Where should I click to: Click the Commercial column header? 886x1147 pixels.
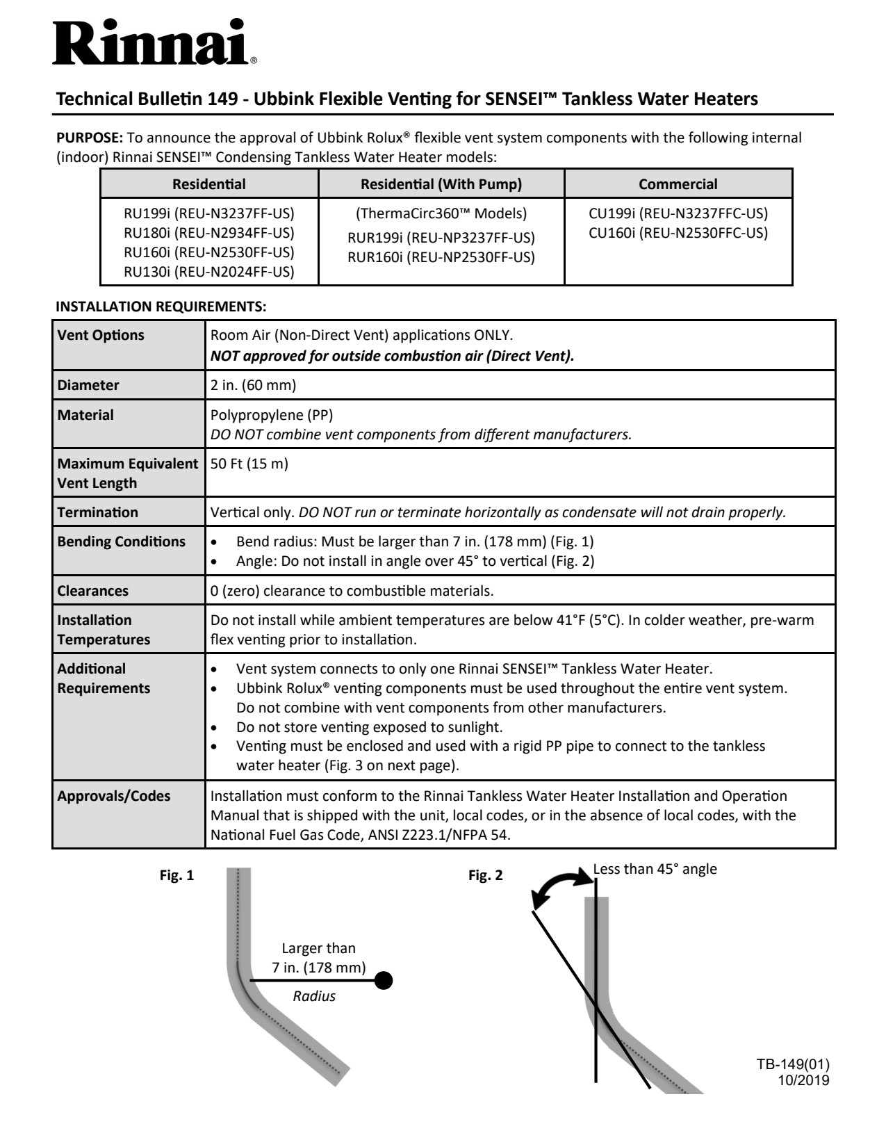678,184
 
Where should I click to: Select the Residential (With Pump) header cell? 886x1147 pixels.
441,184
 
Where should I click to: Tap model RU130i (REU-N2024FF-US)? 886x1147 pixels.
208,272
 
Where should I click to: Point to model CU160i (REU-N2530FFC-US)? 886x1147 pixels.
678,233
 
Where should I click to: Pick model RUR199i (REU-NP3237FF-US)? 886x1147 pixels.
441,238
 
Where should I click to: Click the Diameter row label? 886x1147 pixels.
88,385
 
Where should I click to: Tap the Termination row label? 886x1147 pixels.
98,512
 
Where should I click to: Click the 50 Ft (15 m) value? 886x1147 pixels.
249,464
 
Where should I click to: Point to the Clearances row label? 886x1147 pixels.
93,591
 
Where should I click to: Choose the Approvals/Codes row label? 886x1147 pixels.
114,796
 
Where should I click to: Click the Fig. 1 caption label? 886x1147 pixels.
177,876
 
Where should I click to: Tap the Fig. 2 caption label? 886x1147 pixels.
485,876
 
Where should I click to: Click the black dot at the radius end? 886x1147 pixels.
383,980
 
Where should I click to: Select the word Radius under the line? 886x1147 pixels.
314,996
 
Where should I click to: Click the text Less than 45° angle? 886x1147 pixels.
655,869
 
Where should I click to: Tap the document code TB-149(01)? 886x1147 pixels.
793,1065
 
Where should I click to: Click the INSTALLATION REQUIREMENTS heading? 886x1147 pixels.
161,306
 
